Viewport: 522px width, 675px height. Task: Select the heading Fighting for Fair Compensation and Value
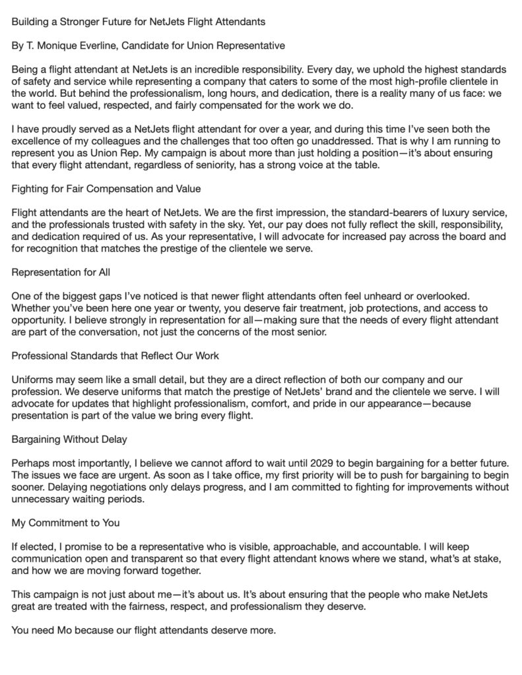106,188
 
